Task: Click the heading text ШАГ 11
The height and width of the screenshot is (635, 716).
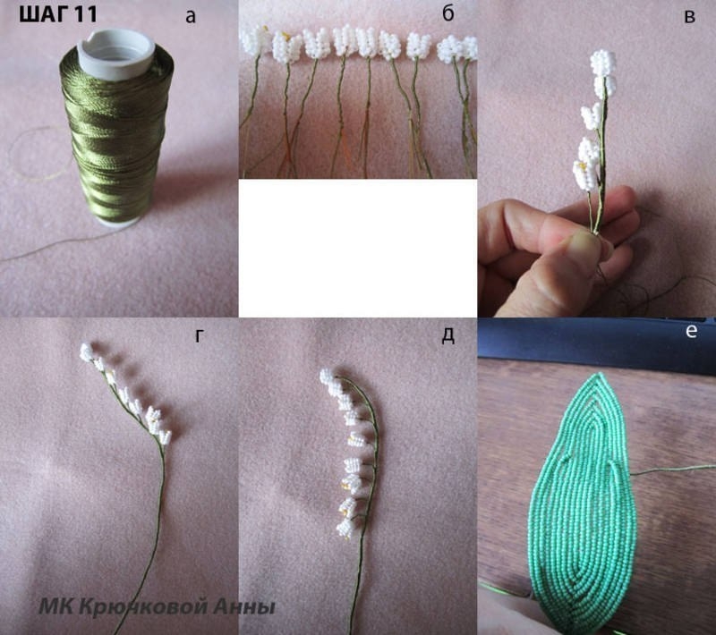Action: click(58, 16)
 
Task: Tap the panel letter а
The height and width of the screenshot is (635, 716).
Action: click(189, 15)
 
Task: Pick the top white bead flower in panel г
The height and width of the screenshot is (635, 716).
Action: click(89, 352)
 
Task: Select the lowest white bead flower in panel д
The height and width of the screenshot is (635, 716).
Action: click(345, 529)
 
